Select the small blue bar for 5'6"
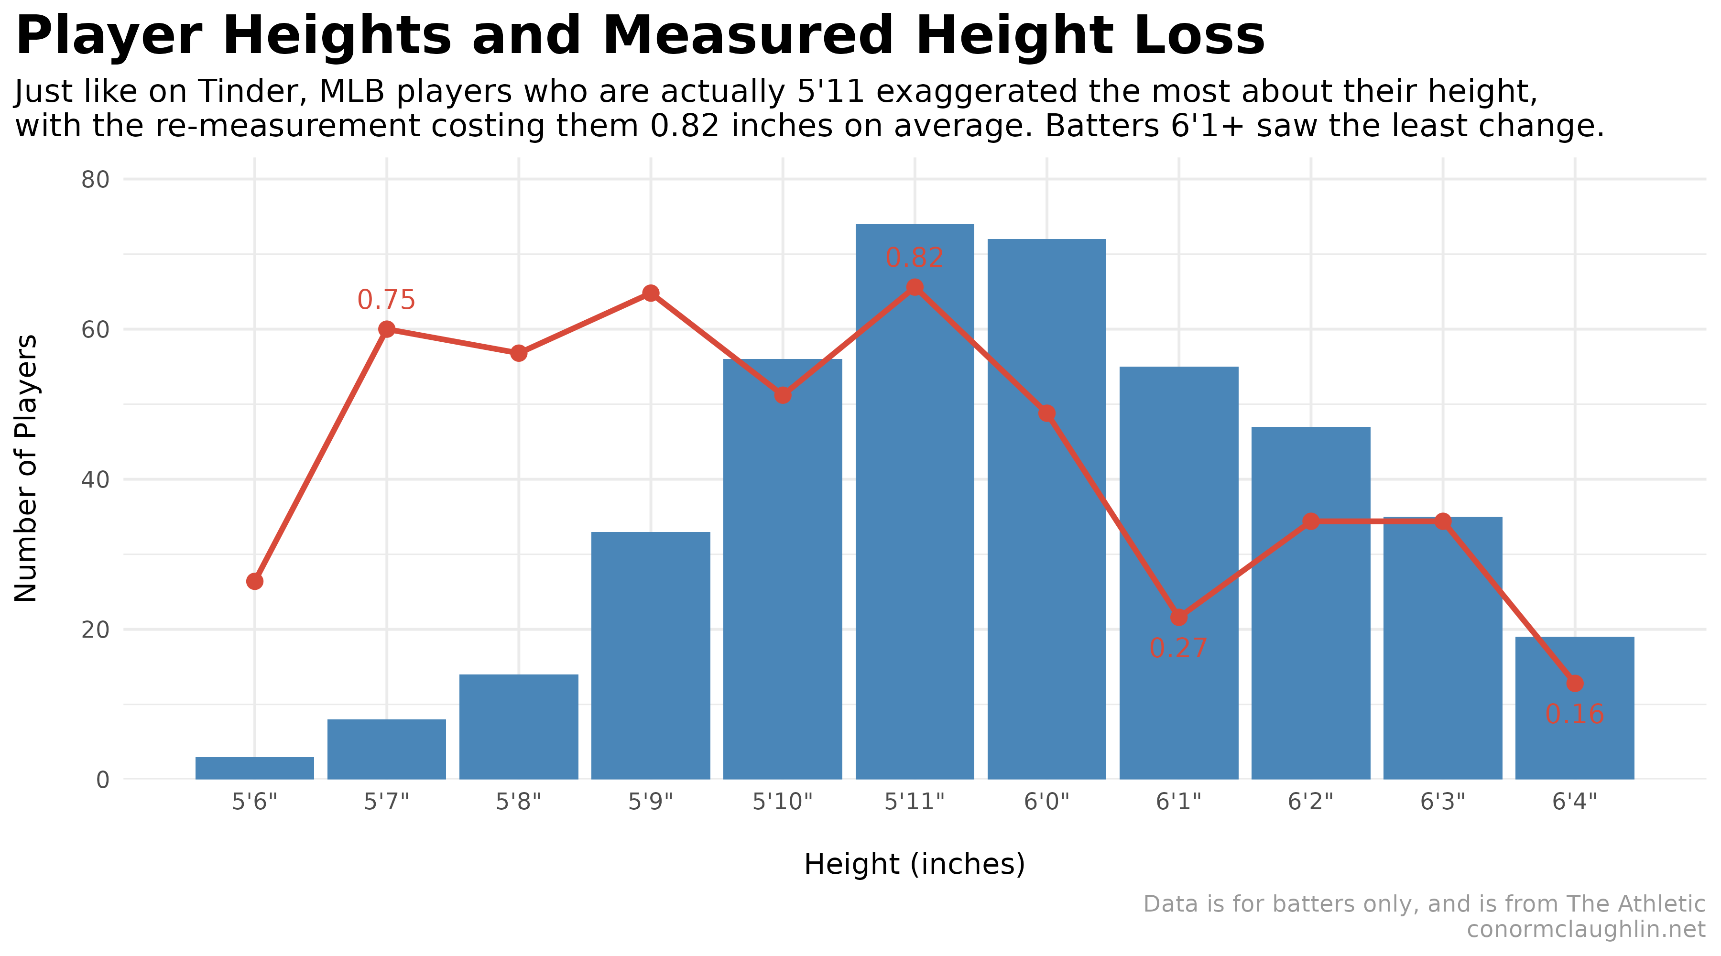point(254,768)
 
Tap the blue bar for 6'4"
point(1575,735)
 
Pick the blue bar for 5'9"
point(651,655)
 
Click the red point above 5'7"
point(387,329)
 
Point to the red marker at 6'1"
point(1179,617)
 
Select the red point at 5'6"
point(254,581)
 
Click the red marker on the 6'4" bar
point(1575,684)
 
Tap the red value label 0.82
point(915,258)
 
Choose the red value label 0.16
point(1575,715)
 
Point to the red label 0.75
point(386,300)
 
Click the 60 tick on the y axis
point(95,329)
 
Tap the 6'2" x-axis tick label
point(1310,801)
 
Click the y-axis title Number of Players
point(27,467)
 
